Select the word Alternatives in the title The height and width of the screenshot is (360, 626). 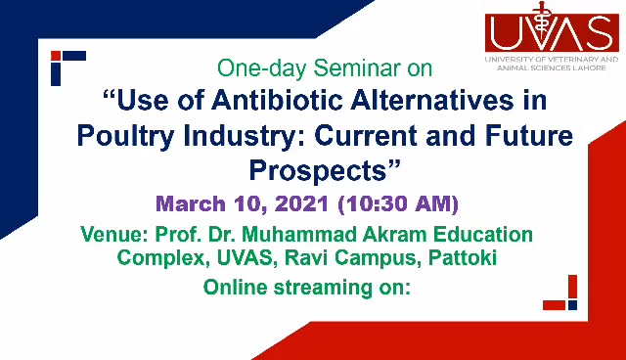click(432, 100)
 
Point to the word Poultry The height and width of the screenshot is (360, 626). click(126, 137)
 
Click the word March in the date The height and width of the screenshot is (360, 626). click(191, 203)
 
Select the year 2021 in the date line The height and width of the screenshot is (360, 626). click(302, 203)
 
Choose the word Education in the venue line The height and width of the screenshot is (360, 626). click(483, 234)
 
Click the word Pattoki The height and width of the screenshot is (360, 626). click(463, 257)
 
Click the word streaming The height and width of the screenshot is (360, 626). click(323, 288)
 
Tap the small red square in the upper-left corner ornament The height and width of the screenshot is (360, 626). click(56, 56)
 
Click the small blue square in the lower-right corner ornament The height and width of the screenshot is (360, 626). click(572, 305)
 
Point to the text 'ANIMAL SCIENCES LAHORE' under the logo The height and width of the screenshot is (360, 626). click(552, 68)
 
